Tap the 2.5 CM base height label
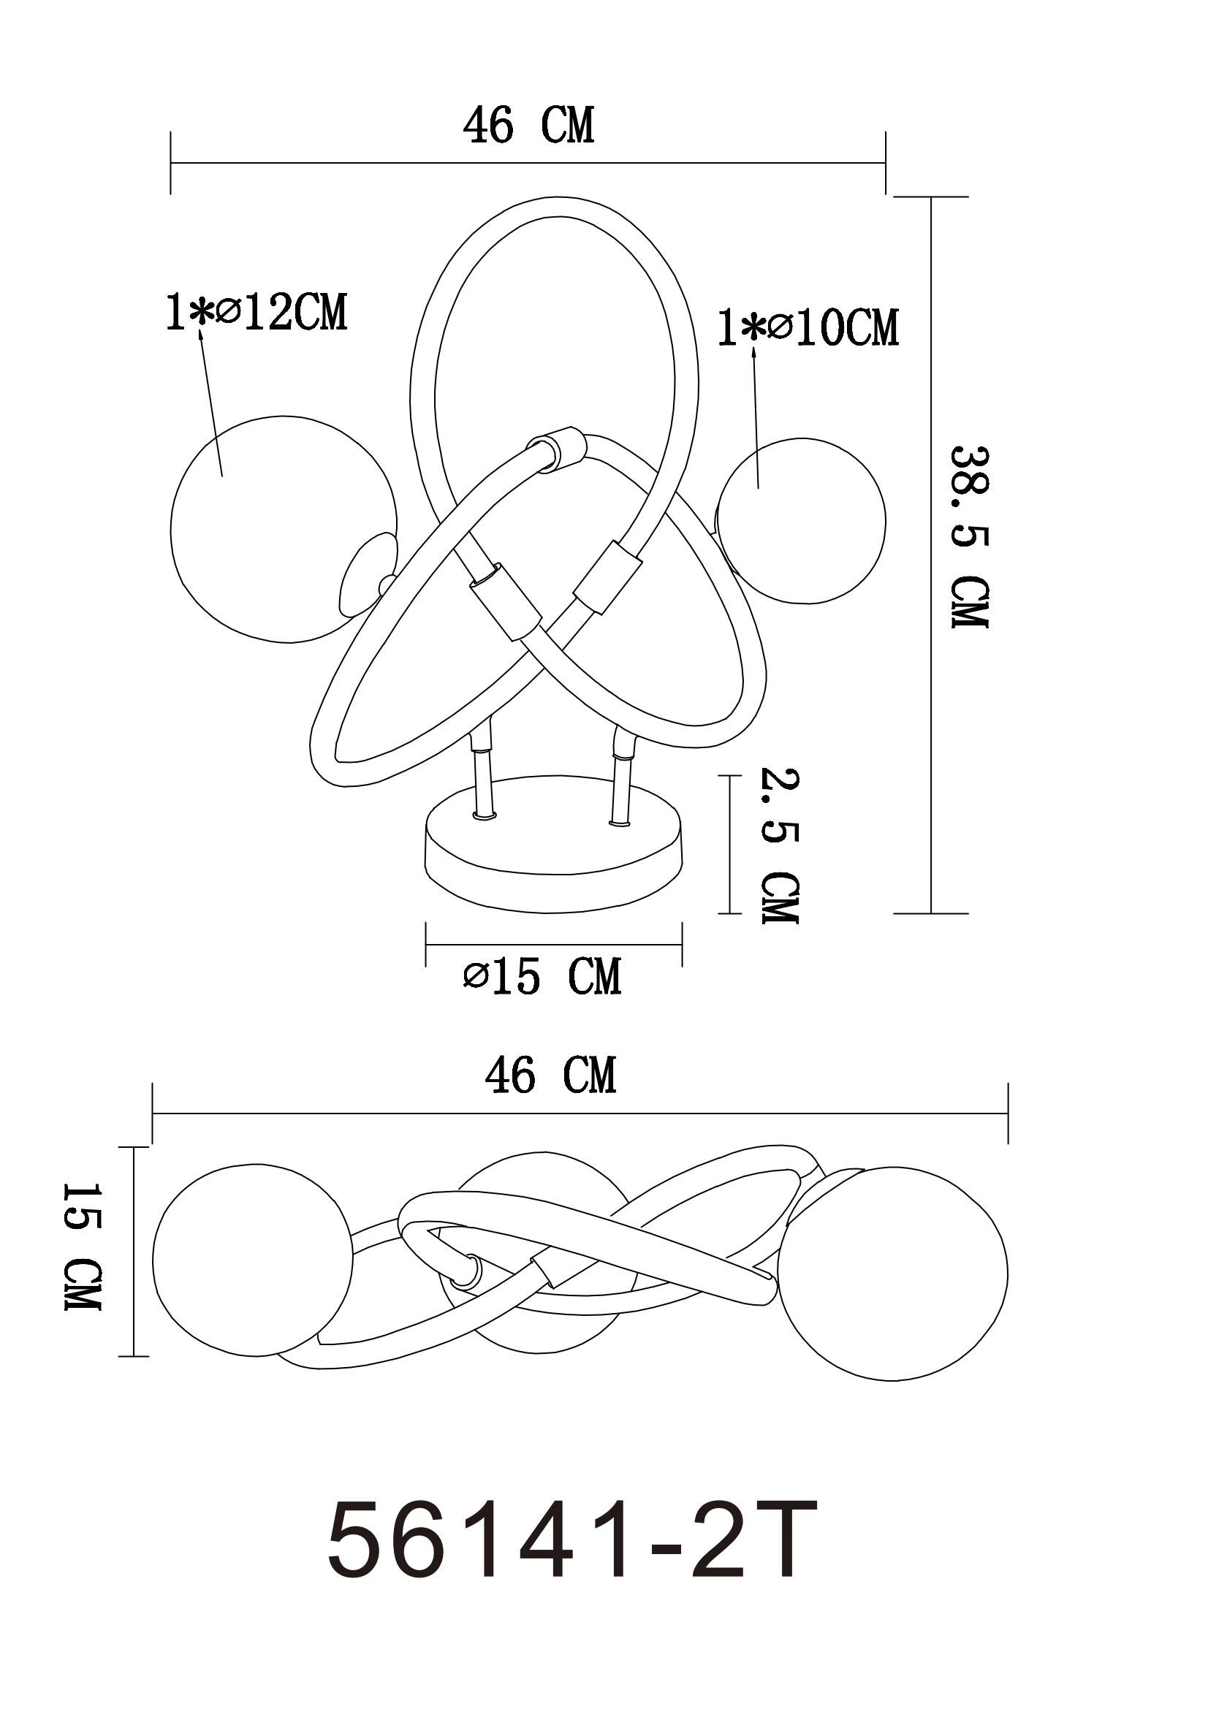779,846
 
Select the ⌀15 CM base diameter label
542,977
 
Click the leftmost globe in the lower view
251,1258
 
